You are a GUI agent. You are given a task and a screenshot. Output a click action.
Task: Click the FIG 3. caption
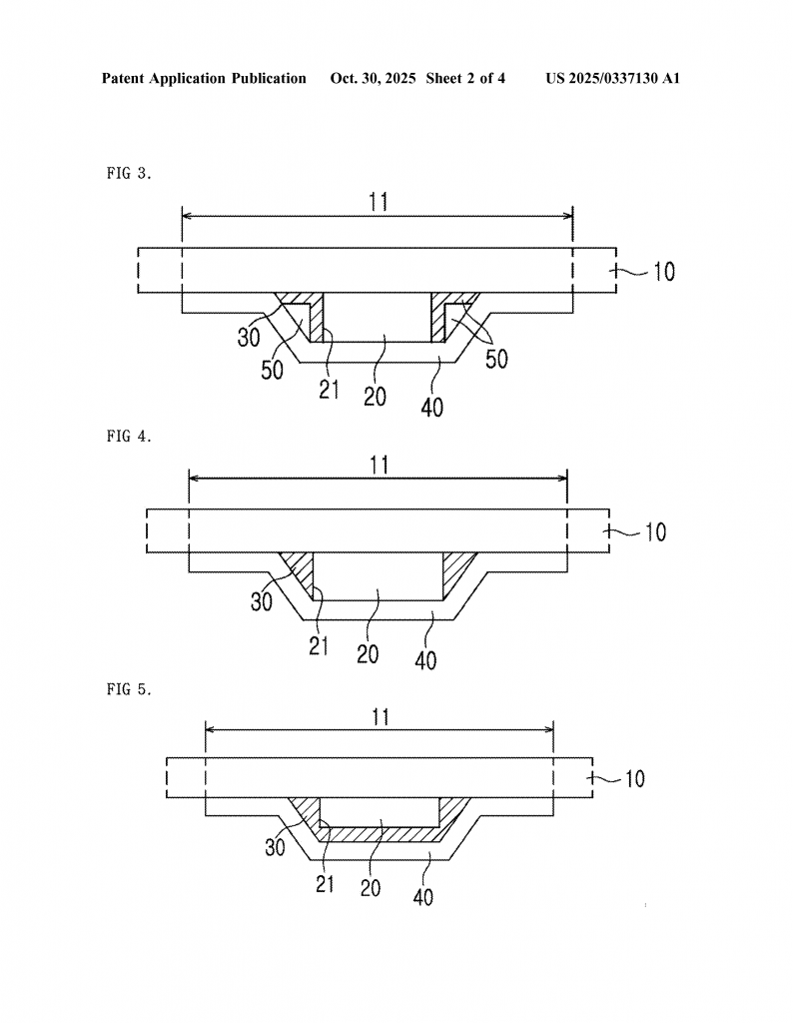tap(129, 173)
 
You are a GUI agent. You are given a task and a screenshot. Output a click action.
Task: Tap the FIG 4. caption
tap(129, 436)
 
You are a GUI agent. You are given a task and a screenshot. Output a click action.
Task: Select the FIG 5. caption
tap(129, 688)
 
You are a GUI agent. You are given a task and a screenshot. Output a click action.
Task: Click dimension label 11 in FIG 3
tap(378, 201)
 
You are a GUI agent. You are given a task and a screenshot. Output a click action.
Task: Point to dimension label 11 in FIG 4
tap(378, 465)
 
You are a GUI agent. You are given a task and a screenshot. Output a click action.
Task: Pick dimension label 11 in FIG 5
tap(378, 716)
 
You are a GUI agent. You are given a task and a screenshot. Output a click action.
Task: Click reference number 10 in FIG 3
tap(663, 271)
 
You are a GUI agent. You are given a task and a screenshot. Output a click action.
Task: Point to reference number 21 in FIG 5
tap(326, 883)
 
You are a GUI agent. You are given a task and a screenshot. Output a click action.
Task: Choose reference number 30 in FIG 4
tap(263, 601)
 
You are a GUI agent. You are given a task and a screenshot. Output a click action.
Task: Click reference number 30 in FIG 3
tap(250, 337)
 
